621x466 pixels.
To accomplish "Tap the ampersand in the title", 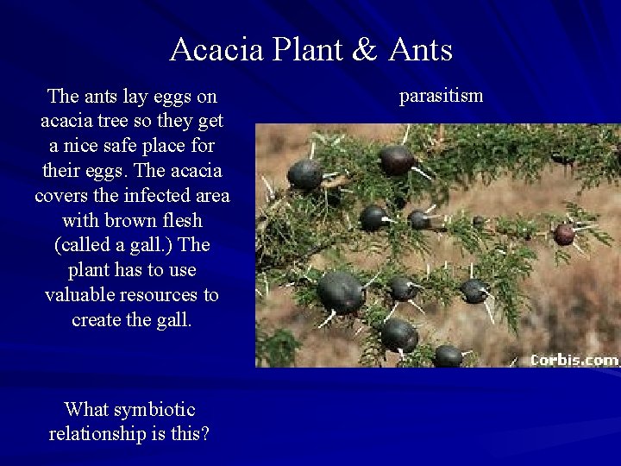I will coord(365,50).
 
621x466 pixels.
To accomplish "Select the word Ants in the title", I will coord(420,50).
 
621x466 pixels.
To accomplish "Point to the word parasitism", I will coord(441,96).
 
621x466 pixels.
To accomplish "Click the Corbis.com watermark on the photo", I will coord(574,360).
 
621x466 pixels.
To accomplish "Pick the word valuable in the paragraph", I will coord(79,295).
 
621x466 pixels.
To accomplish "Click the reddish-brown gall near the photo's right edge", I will coord(564,234).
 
